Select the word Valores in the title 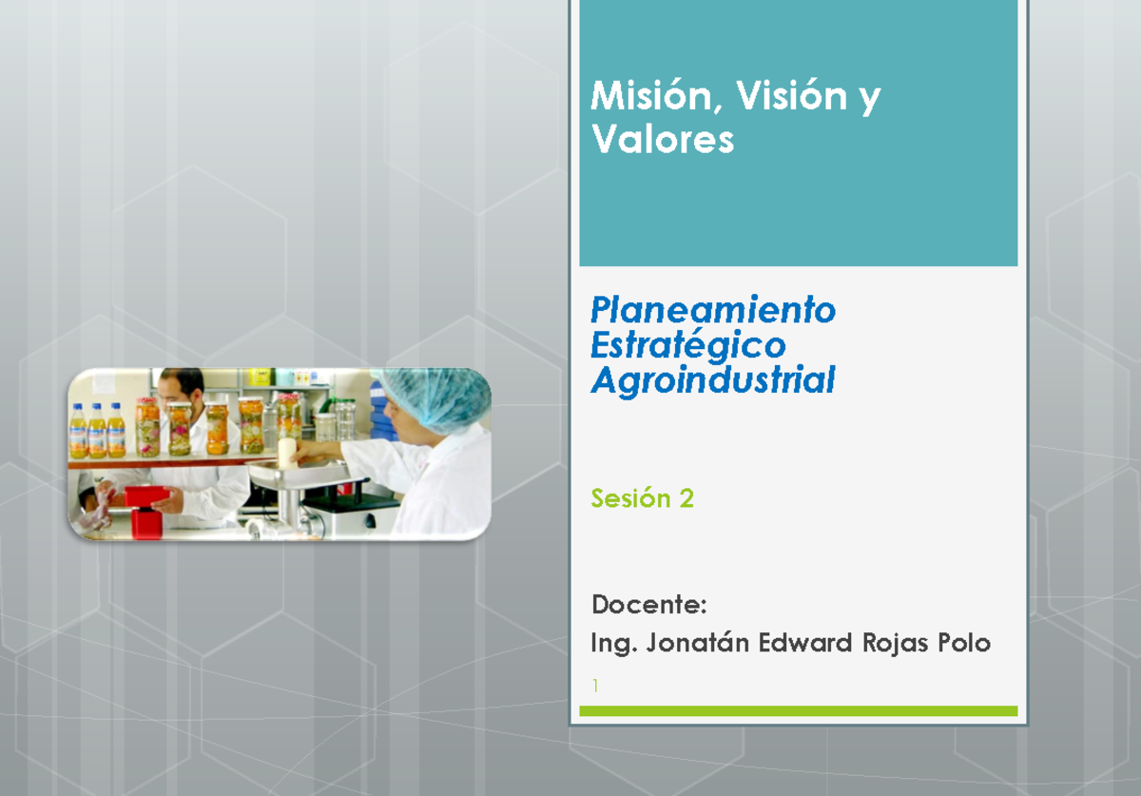(x=662, y=140)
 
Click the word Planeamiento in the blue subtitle (x=712, y=309)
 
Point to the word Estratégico (x=687, y=344)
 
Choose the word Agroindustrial (x=712, y=380)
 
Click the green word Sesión (x=630, y=497)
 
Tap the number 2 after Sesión (x=686, y=497)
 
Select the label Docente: (x=648, y=604)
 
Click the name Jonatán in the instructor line (x=698, y=644)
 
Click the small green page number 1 (x=593, y=685)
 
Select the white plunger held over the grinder (x=286, y=452)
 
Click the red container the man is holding (x=145, y=496)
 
